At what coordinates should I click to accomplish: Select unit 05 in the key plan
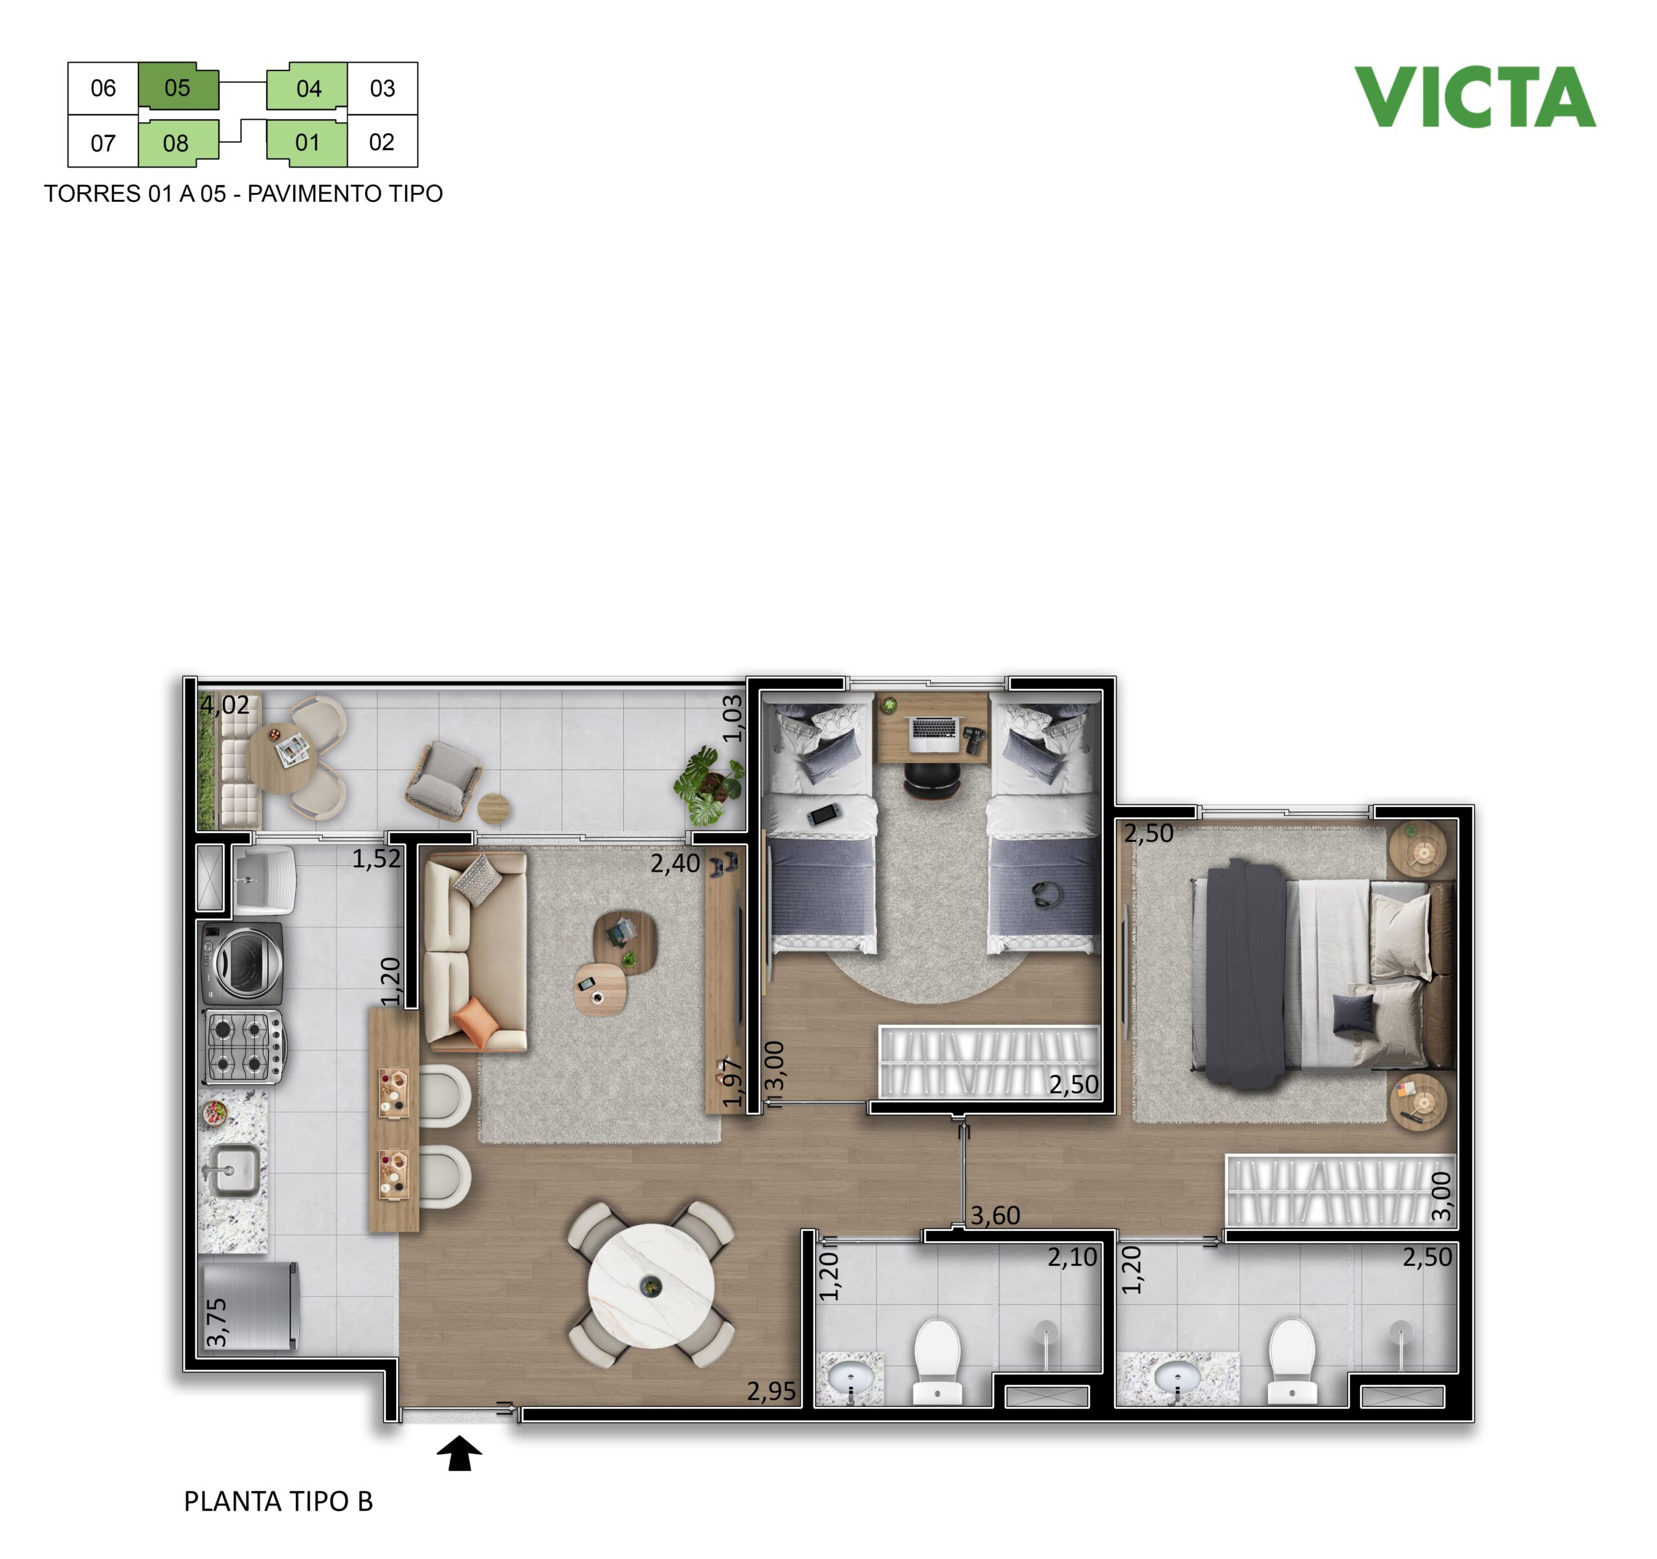pyautogui.click(x=177, y=87)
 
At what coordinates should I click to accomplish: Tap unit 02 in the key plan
pyautogui.click(x=382, y=142)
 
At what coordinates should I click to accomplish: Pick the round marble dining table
pyautogui.click(x=651, y=1286)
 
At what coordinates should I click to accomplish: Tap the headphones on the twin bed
pyautogui.click(x=1048, y=894)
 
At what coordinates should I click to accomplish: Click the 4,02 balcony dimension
pyautogui.click(x=225, y=706)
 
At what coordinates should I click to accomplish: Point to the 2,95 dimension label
pyautogui.click(x=771, y=1391)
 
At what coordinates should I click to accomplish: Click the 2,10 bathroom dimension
pyautogui.click(x=1072, y=1257)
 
